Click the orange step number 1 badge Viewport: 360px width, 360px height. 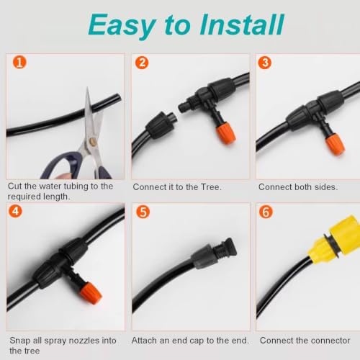[19, 62]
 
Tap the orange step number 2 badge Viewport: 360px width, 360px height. [142, 63]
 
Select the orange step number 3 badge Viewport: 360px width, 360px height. [265, 63]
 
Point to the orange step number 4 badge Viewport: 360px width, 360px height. [15, 211]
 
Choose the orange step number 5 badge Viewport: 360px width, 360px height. [143, 212]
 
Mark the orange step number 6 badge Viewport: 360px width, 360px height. [266, 212]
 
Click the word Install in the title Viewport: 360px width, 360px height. [242, 24]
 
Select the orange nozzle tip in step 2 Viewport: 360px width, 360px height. [226, 135]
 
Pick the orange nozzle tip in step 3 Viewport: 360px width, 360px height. [335, 145]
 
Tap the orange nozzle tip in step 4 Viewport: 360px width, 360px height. [91, 294]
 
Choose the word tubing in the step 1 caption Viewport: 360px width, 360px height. [74, 186]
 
